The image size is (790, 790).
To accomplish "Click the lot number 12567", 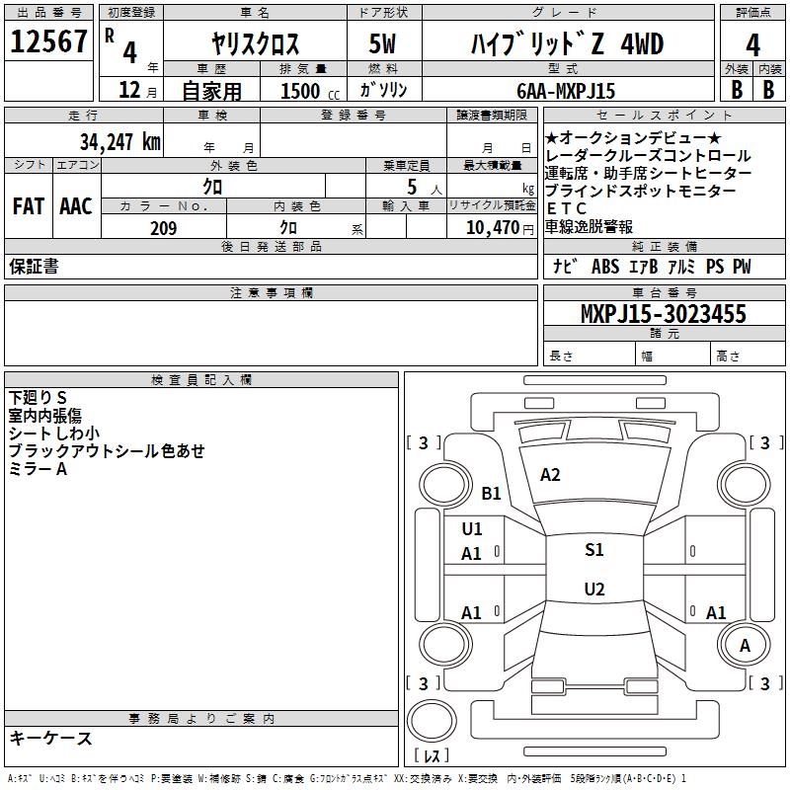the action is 48,41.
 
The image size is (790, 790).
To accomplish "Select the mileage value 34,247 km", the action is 119,141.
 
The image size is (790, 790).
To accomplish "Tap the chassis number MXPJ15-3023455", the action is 663,313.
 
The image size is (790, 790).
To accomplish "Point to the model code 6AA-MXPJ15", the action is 566,91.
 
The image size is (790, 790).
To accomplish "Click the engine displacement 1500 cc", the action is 310,91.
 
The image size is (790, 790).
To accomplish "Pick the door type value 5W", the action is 382,43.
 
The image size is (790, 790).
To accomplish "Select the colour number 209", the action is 164,228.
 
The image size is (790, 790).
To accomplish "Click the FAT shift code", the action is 29,206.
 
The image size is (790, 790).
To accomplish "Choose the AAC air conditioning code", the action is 76,206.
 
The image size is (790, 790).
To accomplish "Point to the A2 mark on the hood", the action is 550,475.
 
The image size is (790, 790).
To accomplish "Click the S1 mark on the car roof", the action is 594,549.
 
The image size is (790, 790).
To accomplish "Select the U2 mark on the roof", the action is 594,589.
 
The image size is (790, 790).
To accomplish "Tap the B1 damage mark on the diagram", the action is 491,493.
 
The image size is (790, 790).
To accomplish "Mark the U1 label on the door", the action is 472,529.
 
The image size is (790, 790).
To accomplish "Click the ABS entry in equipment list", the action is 605,267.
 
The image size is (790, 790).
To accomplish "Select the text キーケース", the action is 51,739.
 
